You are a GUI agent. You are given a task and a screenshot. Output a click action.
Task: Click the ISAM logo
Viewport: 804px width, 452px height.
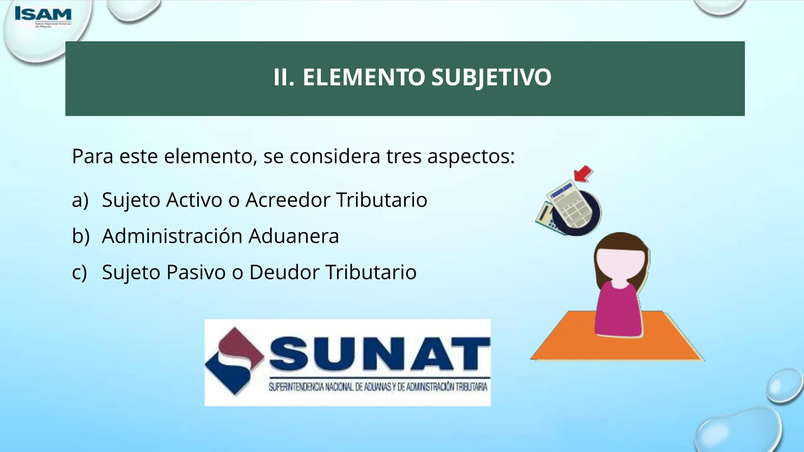tap(43, 15)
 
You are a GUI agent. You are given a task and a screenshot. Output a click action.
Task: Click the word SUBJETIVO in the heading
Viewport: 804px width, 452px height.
tap(491, 77)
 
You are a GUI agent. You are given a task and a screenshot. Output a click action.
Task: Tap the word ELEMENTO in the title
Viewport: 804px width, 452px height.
tap(363, 77)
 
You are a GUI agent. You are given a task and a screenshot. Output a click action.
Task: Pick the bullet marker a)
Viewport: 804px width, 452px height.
tap(80, 200)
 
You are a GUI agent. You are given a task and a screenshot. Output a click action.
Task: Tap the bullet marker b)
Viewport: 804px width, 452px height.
tap(80, 236)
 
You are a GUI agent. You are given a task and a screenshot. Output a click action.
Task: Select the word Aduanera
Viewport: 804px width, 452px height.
tap(294, 236)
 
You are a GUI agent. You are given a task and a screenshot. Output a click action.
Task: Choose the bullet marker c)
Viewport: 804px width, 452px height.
tap(80, 272)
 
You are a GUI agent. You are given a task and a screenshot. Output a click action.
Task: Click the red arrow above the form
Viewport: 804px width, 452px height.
tap(583, 173)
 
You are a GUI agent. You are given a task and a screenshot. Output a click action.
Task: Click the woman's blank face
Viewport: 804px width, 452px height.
tap(620, 265)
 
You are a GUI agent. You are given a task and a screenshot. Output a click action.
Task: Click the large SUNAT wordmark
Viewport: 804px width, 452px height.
tap(379, 354)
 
